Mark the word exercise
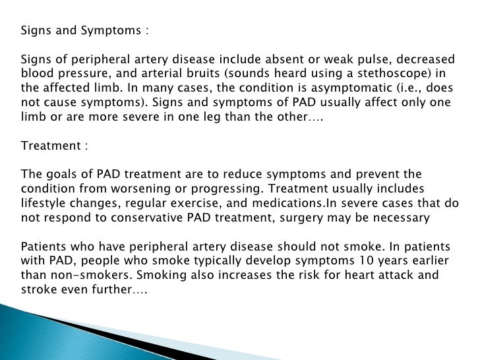pyautogui.click(x=192, y=204)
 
